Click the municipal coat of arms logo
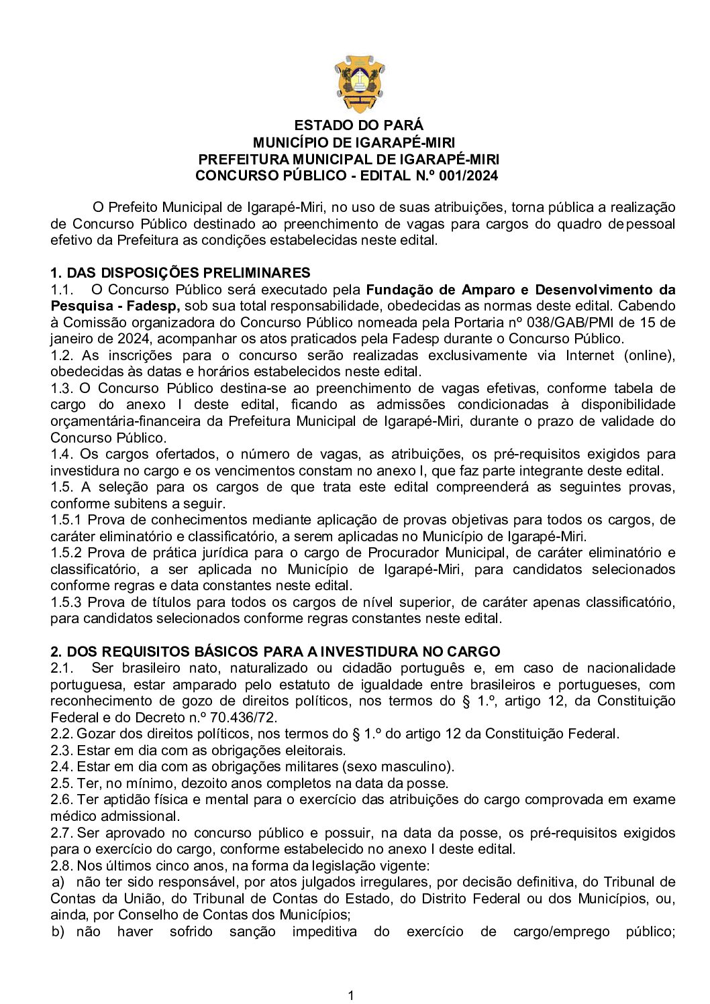(x=360, y=84)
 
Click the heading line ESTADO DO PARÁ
(x=359, y=125)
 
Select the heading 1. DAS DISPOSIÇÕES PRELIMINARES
(x=181, y=272)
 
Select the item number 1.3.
(x=61, y=388)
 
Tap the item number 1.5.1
(x=66, y=520)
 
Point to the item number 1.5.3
(x=66, y=602)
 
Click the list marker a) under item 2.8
(x=59, y=881)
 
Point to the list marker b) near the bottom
(x=59, y=931)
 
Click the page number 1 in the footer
(x=351, y=995)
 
